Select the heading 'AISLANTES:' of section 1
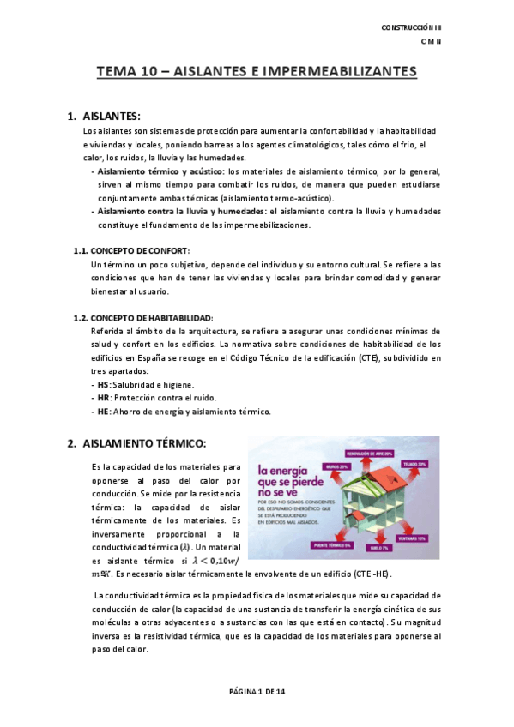(x=112, y=116)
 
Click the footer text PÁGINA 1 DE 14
(x=257, y=690)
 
